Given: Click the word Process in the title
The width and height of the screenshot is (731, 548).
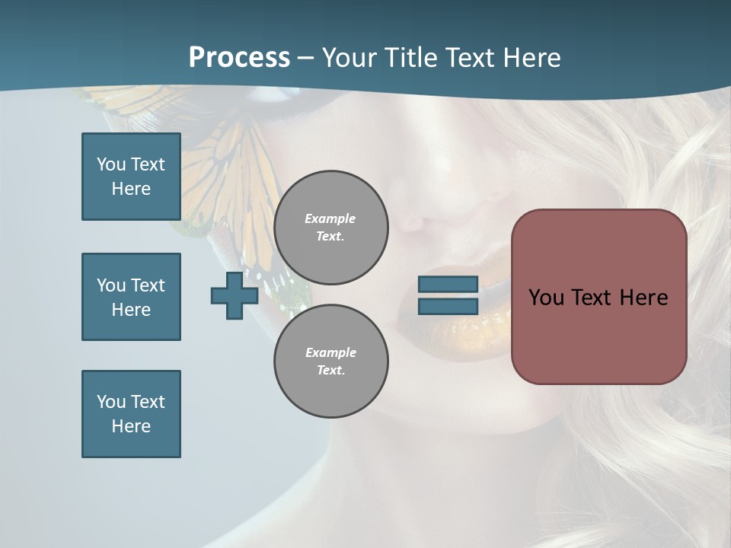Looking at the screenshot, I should point(239,58).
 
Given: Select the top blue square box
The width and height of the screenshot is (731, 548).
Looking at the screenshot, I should point(131,177).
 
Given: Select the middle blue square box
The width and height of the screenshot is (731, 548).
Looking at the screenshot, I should point(131,297).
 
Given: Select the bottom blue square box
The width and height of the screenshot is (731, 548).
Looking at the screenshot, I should point(131,414).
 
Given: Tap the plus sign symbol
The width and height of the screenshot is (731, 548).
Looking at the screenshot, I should point(235,295).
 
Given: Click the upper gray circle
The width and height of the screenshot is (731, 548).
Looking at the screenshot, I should point(330,228).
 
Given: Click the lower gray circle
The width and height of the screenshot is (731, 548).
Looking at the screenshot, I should point(330,361).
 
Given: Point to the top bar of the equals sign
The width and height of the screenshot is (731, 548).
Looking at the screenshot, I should point(448,284).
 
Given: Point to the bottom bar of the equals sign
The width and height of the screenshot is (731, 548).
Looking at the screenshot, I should point(448,307).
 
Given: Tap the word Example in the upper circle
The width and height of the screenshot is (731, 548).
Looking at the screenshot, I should point(330,218).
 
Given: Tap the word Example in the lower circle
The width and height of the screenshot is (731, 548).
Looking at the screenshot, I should point(330,352).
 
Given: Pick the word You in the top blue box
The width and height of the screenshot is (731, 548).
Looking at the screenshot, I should point(111,164).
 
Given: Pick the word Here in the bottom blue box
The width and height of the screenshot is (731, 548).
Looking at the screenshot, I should point(131,426).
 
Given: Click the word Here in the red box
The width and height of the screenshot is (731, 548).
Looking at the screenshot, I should point(643,298).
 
